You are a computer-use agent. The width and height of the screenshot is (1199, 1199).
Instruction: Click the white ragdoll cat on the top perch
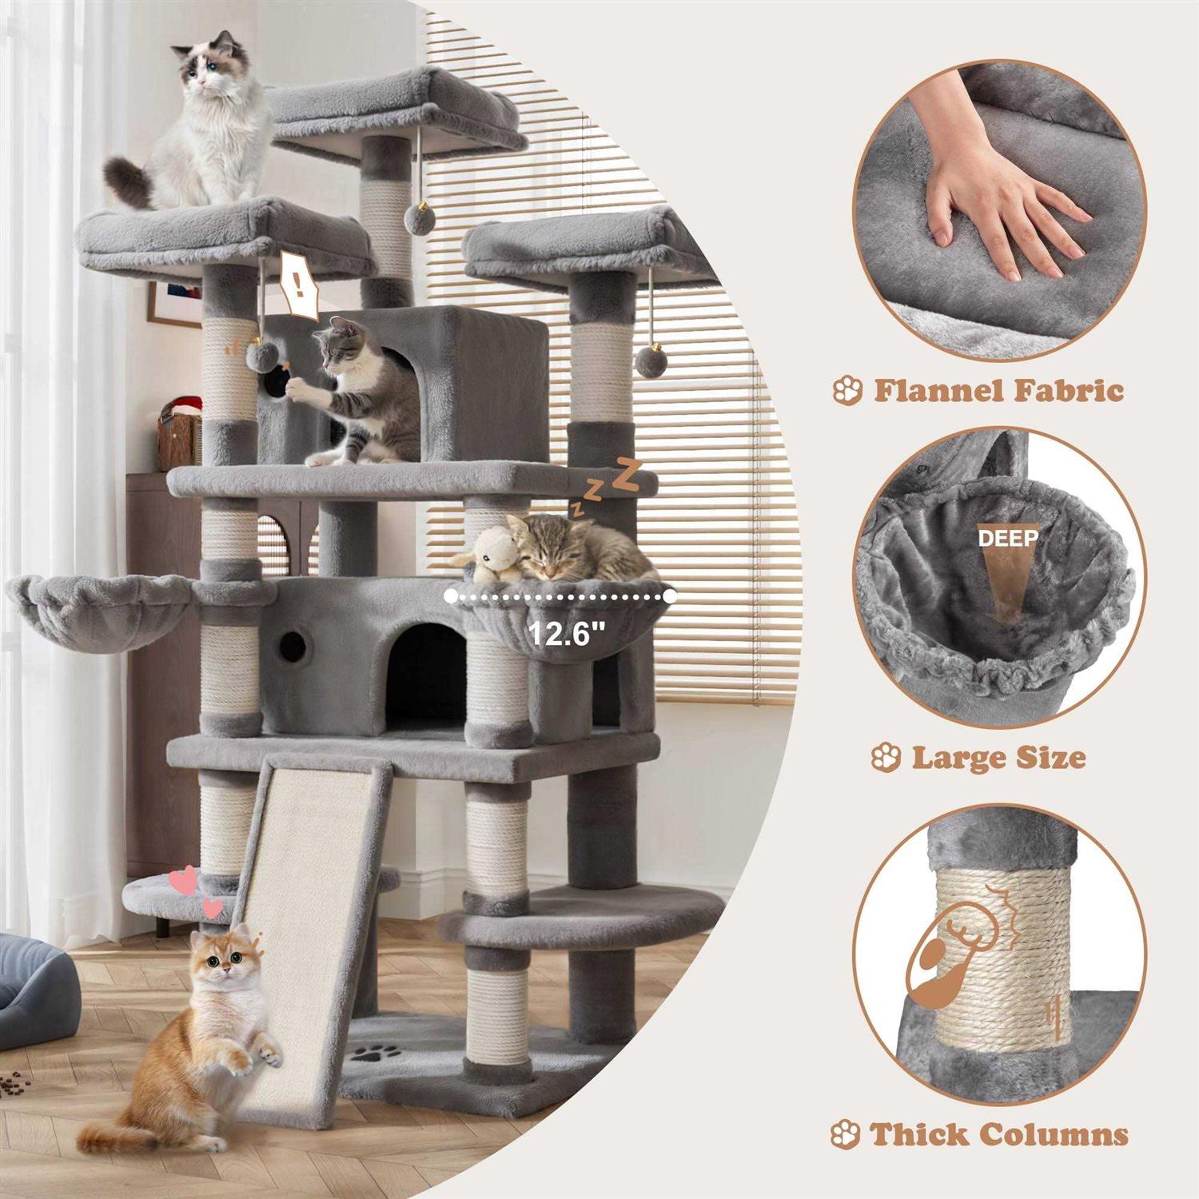204,128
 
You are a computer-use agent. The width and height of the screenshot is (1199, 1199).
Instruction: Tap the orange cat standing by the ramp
212,1031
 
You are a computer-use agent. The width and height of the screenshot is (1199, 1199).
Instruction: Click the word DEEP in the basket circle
1009,537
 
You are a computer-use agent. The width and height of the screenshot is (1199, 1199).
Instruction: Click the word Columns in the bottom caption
1054,1134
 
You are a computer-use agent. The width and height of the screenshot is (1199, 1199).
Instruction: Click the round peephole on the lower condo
293,640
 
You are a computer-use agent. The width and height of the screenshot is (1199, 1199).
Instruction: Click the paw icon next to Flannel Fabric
847,391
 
